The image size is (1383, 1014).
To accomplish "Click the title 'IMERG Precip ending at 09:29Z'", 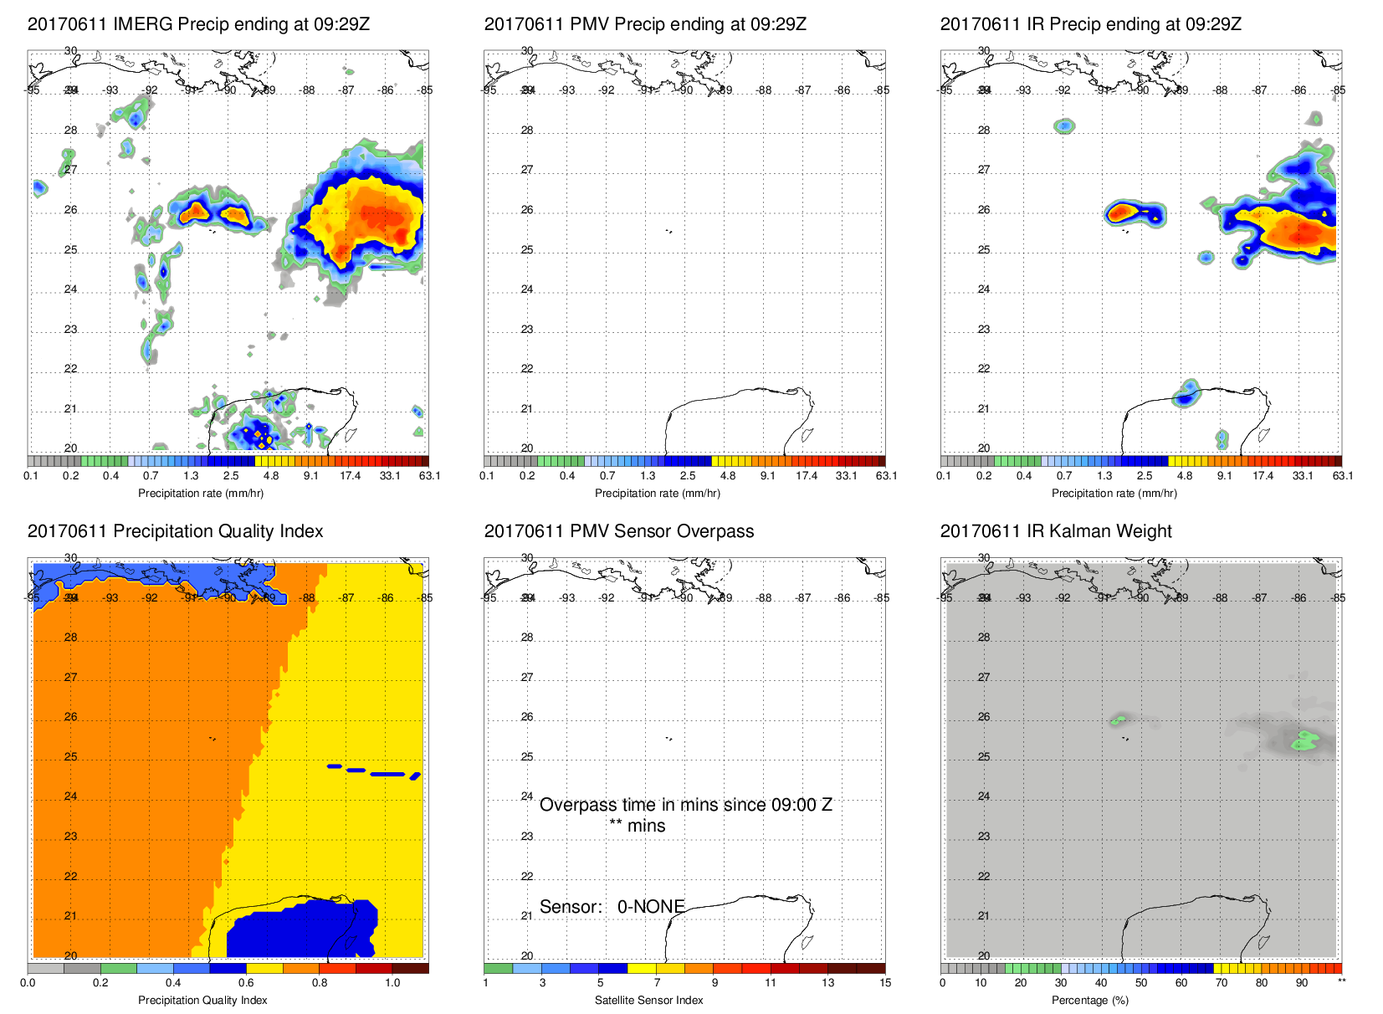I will point(198,24).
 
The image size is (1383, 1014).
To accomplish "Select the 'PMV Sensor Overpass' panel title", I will point(618,531).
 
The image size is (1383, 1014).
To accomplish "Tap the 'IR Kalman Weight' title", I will point(1056,531).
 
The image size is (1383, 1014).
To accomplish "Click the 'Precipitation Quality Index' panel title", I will point(175,531).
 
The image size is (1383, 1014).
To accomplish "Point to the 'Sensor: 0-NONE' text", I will point(612,907).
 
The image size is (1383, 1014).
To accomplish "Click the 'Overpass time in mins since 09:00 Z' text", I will point(685,805).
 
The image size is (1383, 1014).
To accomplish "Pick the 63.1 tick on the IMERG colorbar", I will point(430,476).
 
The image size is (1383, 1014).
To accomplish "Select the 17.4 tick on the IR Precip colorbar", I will point(1263,476).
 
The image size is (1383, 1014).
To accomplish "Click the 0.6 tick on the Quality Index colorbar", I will point(246,983).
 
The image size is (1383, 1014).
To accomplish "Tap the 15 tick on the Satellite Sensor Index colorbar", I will point(885,983).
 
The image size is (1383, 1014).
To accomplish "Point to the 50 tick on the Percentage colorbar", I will point(1141,983).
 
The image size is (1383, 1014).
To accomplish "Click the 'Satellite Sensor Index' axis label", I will point(648,1000).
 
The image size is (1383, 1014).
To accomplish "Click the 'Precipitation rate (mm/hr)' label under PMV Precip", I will point(657,494).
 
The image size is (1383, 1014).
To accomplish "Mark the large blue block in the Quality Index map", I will point(301,929).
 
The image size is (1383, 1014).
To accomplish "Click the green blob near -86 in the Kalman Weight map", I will point(1304,740).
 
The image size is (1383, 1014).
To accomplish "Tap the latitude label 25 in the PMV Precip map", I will point(527,250).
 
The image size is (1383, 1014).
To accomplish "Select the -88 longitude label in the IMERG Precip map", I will point(308,90).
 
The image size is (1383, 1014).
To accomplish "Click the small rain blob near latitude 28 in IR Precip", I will point(1064,126).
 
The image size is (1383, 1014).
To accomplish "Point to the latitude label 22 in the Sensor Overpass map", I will point(527,877).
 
